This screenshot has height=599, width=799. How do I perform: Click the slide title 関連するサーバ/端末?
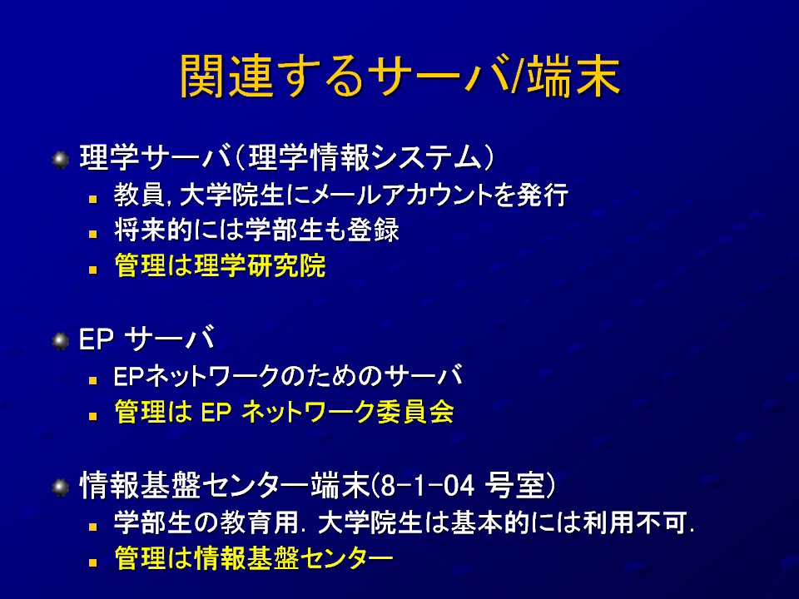(400, 76)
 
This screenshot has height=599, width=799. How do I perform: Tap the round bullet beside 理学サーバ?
(60, 160)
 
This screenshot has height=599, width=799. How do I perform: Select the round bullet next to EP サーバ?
(60, 340)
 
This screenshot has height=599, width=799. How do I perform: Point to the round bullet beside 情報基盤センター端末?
(60, 487)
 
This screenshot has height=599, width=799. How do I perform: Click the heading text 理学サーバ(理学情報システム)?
(287, 157)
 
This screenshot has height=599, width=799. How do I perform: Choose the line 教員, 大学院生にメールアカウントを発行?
(341, 195)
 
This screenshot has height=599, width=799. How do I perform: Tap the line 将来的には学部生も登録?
(256, 230)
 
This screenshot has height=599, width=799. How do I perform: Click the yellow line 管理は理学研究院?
(220, 265)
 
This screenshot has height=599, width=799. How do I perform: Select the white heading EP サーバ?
(146, 339)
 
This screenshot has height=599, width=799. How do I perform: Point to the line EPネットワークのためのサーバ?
(289, 376)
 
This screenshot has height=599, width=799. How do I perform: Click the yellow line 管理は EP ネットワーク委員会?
(284, 412)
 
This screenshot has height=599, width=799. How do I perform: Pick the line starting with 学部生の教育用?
(404, 522)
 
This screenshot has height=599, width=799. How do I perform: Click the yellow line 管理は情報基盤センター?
(253, 557)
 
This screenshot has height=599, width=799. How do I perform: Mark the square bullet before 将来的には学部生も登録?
(92, 235)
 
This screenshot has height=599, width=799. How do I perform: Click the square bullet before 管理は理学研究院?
(92, 270)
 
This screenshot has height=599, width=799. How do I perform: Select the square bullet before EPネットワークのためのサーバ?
(92, 380)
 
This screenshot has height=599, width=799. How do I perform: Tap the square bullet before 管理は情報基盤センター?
(92, 562)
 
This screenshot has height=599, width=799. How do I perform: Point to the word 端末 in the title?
(573, 76)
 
